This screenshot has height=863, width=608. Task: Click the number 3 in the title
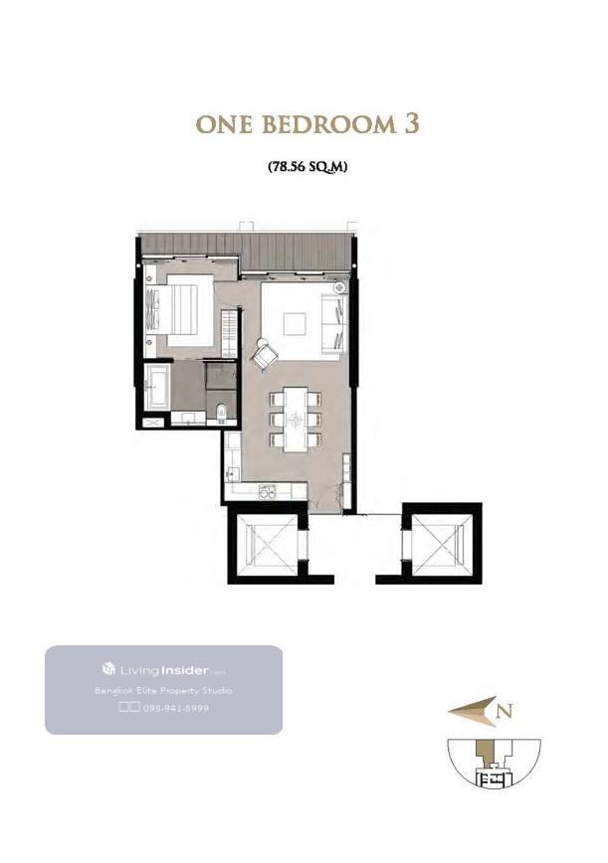[x=412, y=124]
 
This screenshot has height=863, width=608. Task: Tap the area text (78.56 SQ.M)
[x=307, y=166]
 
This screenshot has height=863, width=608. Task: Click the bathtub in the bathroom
[x=156, y=386]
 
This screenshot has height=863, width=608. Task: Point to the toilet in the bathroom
[x=221, y=413]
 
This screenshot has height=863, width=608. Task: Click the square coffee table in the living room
[x=295, y=324]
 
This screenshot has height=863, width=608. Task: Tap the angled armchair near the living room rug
[x=266, y=354]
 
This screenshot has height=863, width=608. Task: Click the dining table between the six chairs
[x=296, y=420]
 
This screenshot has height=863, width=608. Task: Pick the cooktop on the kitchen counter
[x=267, y=491]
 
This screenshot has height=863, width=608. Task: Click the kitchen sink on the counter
[x=233, y=473]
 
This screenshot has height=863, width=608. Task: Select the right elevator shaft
[x=442, y=543]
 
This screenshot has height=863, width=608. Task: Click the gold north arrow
[x=472, y=711]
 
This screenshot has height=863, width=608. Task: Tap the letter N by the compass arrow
[x=506, y=711]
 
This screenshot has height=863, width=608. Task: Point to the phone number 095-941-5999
[x=176, y=708]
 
